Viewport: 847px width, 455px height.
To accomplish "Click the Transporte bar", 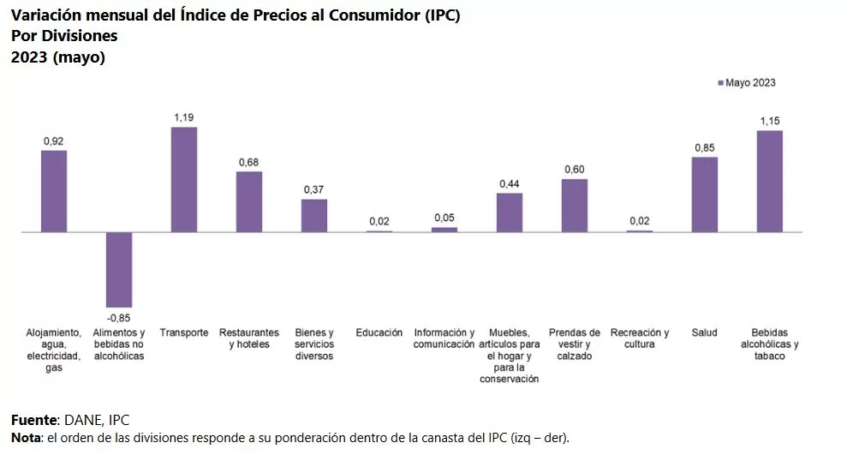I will click(x=184, y=180).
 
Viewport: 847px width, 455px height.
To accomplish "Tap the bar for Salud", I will click(x=705, y=195).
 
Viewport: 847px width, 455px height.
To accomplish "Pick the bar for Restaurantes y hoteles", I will click(x=249, y=202).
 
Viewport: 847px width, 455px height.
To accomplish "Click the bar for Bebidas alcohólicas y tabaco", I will click(x=769, y=182).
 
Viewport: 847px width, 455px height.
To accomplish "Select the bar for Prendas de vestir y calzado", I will click(x=575, y=206).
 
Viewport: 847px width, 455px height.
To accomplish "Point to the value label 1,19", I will click(x=184, y=117).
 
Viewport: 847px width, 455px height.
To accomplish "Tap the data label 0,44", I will click(x=510, y=183).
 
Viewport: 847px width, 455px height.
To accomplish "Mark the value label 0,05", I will click(x=444, y=218).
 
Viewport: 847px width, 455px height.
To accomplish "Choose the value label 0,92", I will click(x=54, y=141).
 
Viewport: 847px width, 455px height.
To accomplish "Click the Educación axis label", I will click(x=379, y=332).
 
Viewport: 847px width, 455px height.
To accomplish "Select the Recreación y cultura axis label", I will click(x=640, y=338).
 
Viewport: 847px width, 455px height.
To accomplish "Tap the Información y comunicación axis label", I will click(x=444, y=338).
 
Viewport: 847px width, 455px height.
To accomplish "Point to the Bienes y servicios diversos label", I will click(x=314, y=344).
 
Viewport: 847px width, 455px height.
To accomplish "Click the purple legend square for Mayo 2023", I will click(x=720, y=83).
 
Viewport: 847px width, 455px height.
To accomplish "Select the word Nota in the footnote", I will click(x=25, y=438).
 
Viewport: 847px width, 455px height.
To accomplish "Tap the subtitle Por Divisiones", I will click(x=64, y=37).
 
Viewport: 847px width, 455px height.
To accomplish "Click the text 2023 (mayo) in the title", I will click(x=57, y=57).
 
